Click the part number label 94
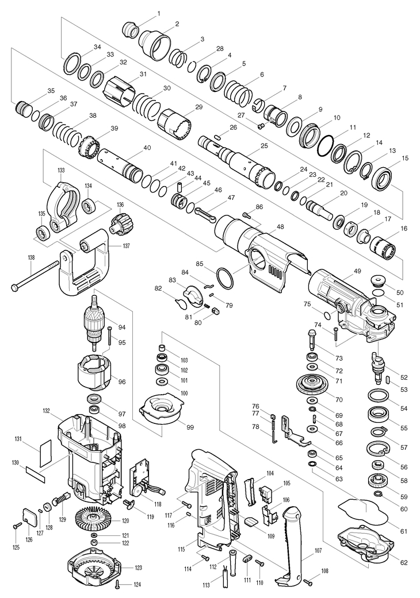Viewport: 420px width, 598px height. click(122, 327)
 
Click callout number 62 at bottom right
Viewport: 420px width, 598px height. click(403, 562)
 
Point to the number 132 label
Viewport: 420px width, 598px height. click(46, 411)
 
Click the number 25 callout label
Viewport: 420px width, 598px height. click(264, 146)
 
